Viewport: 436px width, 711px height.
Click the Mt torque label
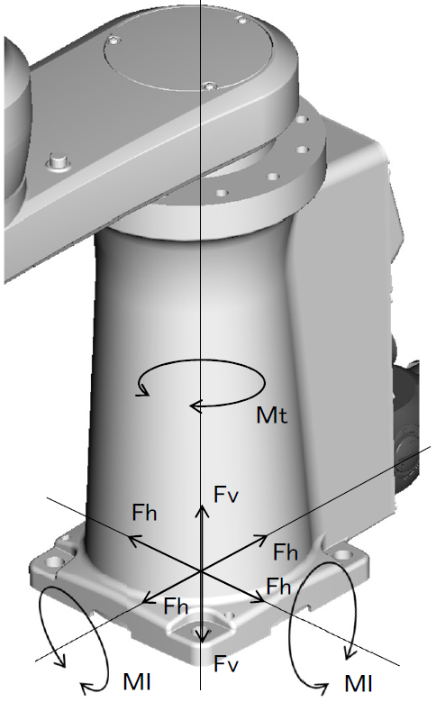(271, 415)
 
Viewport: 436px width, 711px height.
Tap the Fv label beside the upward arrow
(226, 494)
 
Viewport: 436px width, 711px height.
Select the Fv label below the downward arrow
(226, 664)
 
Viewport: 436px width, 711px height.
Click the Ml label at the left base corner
(137, 682)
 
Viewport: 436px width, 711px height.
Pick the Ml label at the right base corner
(359, 683)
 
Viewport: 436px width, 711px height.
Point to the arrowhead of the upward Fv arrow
(201, 510)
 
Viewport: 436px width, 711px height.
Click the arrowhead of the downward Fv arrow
(201, 636)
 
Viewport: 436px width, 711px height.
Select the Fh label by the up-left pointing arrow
(144, 513)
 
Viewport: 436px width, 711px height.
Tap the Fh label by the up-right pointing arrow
(286, 552)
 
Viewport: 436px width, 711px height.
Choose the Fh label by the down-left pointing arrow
(176, 606)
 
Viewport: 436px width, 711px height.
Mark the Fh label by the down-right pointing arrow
(278, 587)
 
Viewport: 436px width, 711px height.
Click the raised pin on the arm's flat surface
(58, 162)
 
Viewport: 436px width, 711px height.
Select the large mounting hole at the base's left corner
(55, 561)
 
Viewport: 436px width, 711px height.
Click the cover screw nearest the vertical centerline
(208, 87)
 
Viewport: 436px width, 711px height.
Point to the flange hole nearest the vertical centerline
(222, 193)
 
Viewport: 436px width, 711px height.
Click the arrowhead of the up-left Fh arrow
(133, 539)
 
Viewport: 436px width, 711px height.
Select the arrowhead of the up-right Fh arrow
(262, 538)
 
